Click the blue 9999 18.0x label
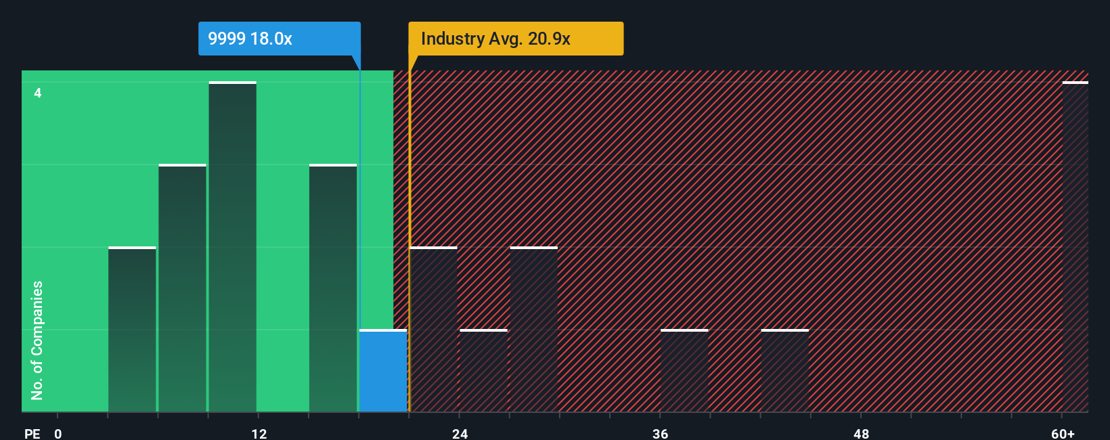pos(279,39)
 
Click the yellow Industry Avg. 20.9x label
pos(515,39)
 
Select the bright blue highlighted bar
pos(383,371)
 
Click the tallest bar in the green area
pos(232,247)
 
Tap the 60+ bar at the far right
pos(1075,247)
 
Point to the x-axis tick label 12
pos(259,433)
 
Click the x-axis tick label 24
pos(460,433)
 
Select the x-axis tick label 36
pos(660,433)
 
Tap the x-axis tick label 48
pos(861,433)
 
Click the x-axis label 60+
pos(1063,433)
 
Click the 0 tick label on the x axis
pos(58,433)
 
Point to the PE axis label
pos(32,433)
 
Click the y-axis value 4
pos(38,93)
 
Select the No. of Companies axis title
pos(37,340)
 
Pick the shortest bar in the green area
pos(132,330)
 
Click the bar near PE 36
pos(684,371)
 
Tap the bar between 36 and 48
pos(784,371)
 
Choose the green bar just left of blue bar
pos(333,288)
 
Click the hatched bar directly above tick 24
pos(483,371)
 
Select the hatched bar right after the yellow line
pos(434,330)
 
